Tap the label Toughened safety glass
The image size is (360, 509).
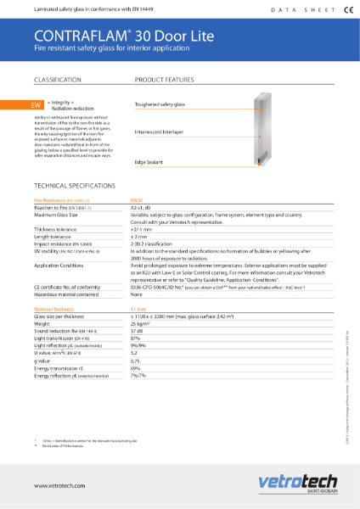[x=160, y=104]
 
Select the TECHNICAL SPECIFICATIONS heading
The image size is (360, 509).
[x=72, y=185]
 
